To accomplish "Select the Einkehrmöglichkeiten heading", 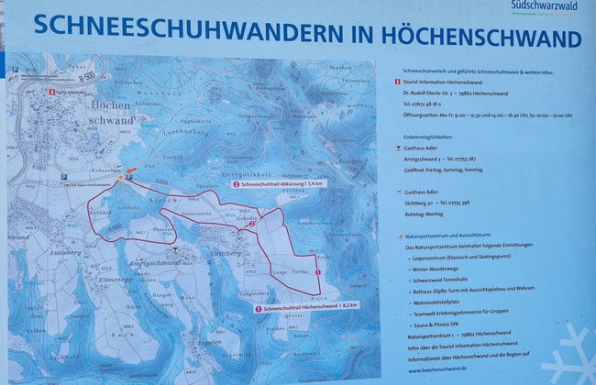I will pyautogui.click(x=428, y=135).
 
